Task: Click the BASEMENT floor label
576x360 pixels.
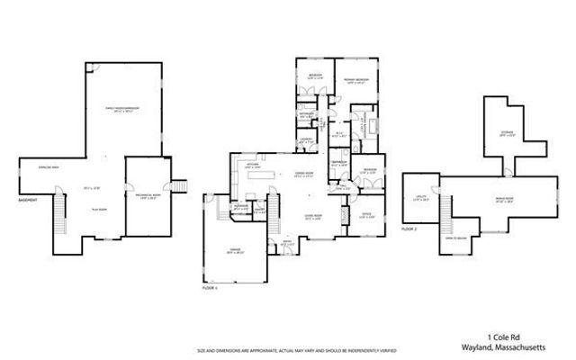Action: click(x=28, y=200)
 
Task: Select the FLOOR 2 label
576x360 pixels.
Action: click(x=409, y=230)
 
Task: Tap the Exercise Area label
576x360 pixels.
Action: click(x=35, y=167)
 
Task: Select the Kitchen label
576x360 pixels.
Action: click(x=253, y=166)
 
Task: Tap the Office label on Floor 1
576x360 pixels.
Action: click(x=366, y=214)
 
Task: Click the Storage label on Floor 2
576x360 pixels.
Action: click(x=507, y=134)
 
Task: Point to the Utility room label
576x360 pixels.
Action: click(x=421, y=200)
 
